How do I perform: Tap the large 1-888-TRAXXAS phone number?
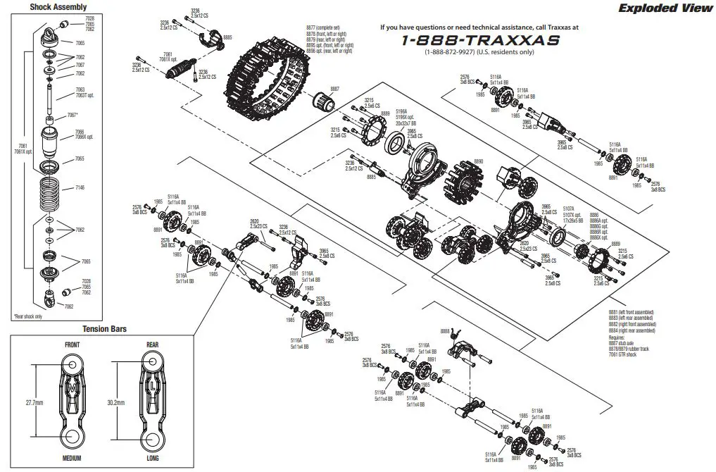[480, 39]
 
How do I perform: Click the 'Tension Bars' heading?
[103, 329]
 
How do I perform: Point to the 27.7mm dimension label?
[34, 403]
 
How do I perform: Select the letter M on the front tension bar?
[72, 387]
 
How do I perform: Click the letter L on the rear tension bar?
[153, 387]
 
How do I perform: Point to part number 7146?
[80, 188]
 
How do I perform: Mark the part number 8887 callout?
[334, 89]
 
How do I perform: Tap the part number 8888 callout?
[444, 330]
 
